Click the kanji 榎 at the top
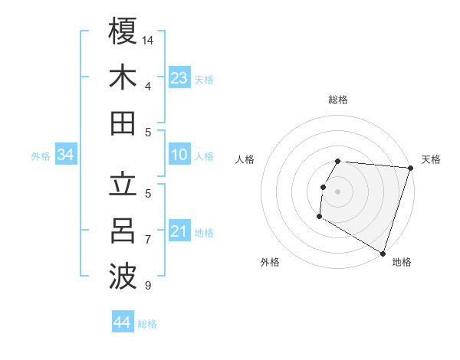coord(123,31)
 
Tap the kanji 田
coord(123,123)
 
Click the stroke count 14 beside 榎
coord(149,40)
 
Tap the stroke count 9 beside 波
coord(148,286)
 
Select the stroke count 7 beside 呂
coord(148,240)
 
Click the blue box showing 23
coord(179,77)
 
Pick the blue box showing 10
coord(179,155)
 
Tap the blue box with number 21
coord(179,231)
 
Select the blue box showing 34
coord(66,155)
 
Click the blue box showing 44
coord(123,322)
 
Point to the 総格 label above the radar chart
coord(338,100)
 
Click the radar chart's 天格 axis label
coord(431,159)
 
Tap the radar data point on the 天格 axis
coord(410,169)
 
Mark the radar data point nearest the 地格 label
coord(383,253)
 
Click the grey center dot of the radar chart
coord(338,191)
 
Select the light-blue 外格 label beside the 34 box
coord(41,155)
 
